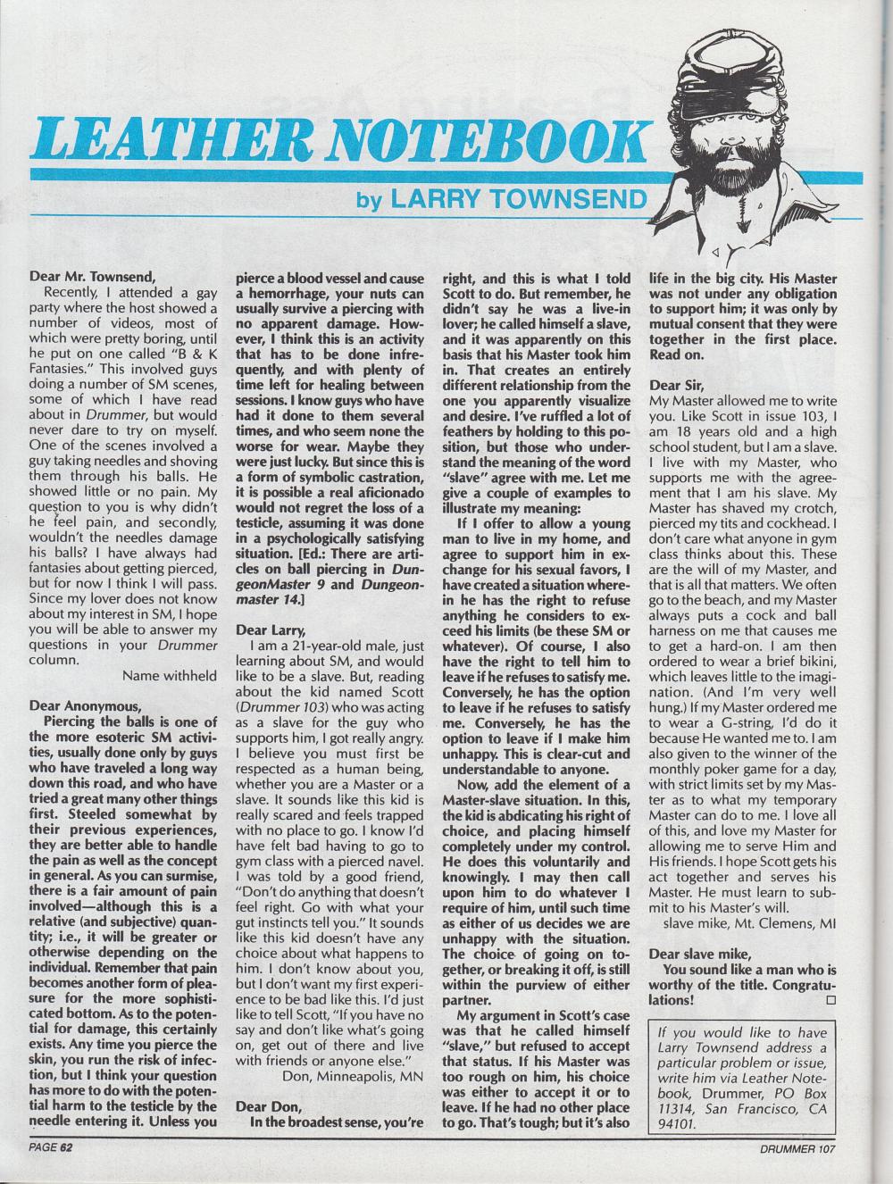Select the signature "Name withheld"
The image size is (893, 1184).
click(x=170, y=675)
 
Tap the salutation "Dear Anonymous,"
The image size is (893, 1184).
click(x=82, y=704)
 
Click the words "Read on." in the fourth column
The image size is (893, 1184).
click(x=679, y=353)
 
